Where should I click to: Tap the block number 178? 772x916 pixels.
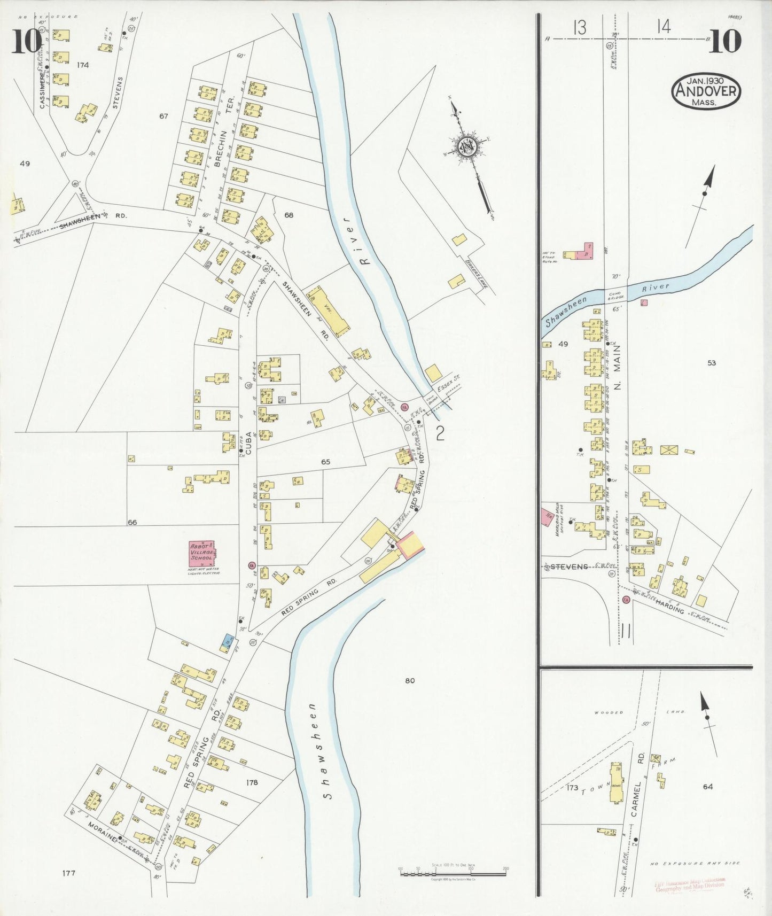(252, 782)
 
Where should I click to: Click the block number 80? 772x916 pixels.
(410, 680)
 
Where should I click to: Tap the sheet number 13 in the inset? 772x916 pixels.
(580, 27)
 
